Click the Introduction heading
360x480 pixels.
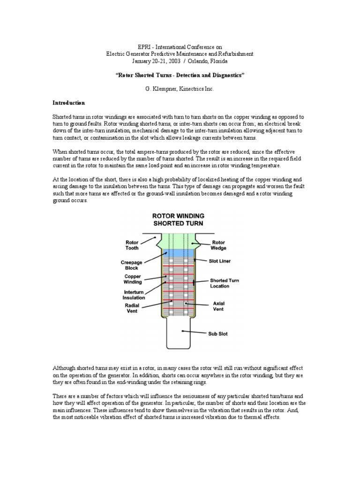pyautogui.click(x=68, y=103)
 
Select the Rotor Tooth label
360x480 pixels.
pyautogui.click(x=133, y=245)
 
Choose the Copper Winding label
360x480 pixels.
pyautogui.click(x=132, y=279)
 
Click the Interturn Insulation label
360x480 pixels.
pyautogui.click(x=134, y=294)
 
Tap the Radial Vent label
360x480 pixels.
pyautogui.click(x=133, y=308)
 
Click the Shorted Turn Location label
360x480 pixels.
pyautogui.click(x=224, y=283)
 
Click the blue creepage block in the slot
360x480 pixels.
pyautogui.click(x=180, y=253)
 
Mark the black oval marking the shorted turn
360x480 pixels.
pyautogui.click(x=194, y=283)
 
